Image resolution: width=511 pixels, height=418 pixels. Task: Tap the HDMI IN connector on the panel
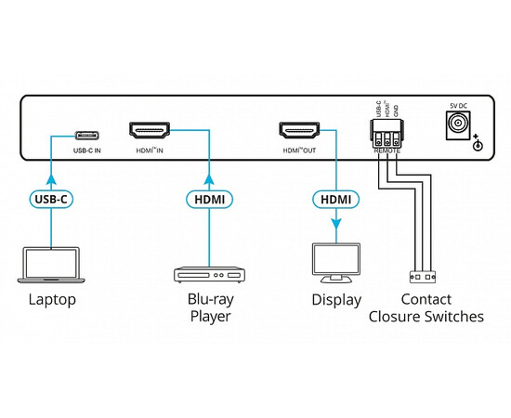pyautogui.click(x=150, y=131)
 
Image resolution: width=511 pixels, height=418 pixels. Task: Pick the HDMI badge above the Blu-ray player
pyautogui.click(x=208, y=198)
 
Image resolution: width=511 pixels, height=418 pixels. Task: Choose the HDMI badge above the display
pyautogui.click(x=334, y=198)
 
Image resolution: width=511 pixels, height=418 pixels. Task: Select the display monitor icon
pyautogui.click(x=334, y=264)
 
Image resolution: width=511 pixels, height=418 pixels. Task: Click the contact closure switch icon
pyautogui.click(x=421, y=277)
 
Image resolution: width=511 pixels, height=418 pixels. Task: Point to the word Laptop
pyautogui.click(x=52, y=300)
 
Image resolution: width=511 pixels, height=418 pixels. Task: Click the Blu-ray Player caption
pyautogui.click(x=208, y=308)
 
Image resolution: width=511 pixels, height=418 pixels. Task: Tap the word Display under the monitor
pyautogui.click(x=335, y=300)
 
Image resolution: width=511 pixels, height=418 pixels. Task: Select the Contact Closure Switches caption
pyautogui.click(x=426, y=308)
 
